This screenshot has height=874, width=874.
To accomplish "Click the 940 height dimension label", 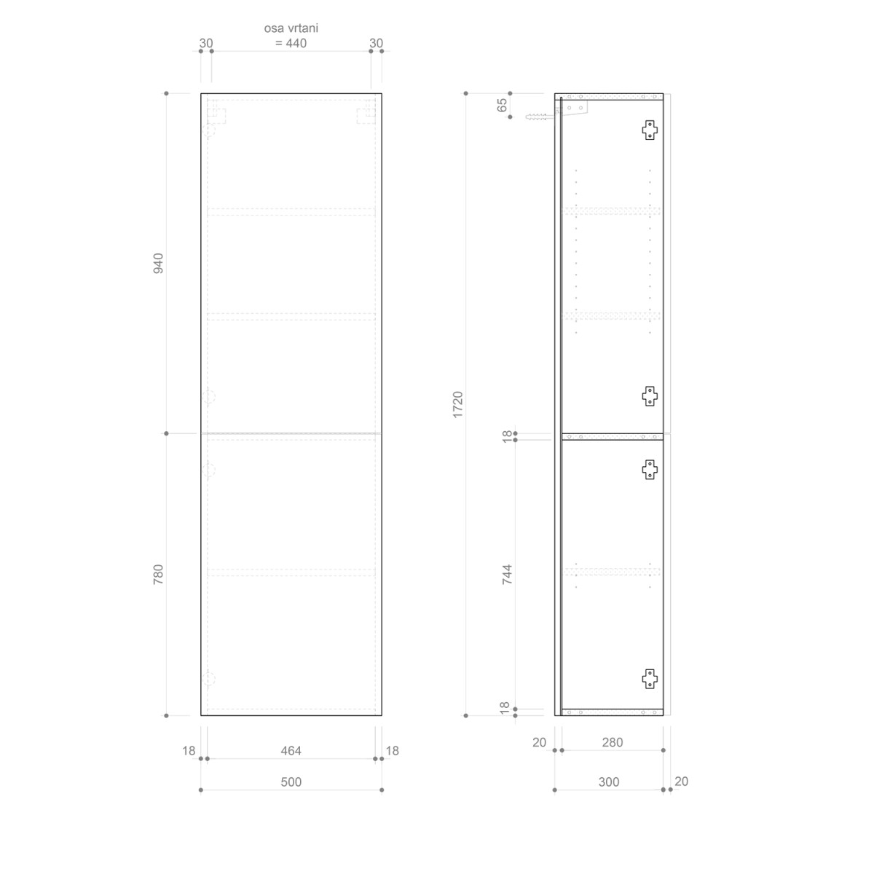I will [x=158, y=263].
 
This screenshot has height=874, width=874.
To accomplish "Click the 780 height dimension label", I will [x=158, y=574].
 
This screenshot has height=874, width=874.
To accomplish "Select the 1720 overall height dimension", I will [x=457, y=404].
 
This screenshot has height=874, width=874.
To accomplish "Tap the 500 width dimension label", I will [x=291, y=782].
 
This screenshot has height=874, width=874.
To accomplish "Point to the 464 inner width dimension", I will [x=291, y=751].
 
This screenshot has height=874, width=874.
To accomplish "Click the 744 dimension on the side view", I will [x=508, y=574].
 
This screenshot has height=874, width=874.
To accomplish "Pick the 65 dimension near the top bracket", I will [x=503, y=105].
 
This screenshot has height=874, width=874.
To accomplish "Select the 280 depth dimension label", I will [x=613, y=742].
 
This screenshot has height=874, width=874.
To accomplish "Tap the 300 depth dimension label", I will [x=608, y=782].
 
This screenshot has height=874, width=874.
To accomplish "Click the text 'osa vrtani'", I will [x=291, y=28].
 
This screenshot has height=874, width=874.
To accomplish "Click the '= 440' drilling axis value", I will [x=291, y=43].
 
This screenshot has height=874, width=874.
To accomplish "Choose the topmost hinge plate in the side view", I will [x=650, y=130].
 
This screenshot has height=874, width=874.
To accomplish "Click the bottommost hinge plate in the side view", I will [x=650, y=679].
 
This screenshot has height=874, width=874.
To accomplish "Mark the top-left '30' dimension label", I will [x=206, y=43].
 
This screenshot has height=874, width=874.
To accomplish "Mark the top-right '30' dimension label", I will [x=376, y=43].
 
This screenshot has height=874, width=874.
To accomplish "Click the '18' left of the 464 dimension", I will [x=189, y=751].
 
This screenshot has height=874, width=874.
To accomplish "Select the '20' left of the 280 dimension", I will [x=539, y=742].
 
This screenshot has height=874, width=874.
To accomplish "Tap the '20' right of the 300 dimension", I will [x=681, y=782].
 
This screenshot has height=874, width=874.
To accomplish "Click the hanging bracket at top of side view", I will [x=575, y=108].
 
